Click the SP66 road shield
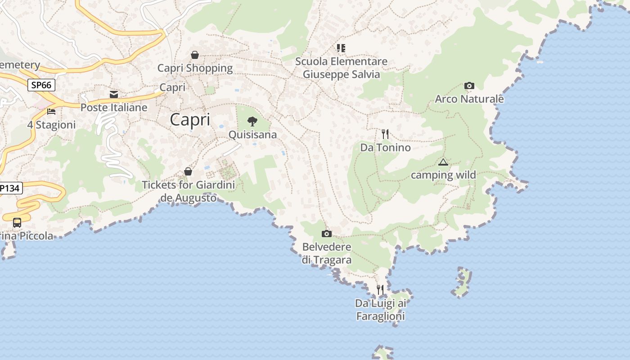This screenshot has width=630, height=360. point(41,85)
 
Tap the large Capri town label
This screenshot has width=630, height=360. point(190,120)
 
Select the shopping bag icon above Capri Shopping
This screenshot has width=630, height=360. point(195,55)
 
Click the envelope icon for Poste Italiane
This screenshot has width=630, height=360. point(114,94)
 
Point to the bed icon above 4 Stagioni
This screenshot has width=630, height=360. point(51,111)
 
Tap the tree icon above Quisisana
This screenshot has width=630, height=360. point(252,121)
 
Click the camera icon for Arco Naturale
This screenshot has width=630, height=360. point(469,85)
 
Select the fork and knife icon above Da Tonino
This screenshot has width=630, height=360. point(385,134)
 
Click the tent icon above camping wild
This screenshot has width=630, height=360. point(443,162)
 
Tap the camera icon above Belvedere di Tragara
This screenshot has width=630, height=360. point(327,234)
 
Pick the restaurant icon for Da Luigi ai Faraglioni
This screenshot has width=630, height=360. point(380,289)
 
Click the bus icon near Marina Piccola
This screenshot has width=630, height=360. point(17,222)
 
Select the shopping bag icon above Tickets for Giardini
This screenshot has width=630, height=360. point(188,171)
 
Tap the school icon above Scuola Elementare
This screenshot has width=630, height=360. point(341,48)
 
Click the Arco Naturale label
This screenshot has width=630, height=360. point(469,99)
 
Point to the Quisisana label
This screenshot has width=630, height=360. point(252,135)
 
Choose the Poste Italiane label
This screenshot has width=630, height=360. point(114,108)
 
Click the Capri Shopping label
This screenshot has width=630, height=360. point(195,68)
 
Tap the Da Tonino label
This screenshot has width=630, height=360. point(385,148)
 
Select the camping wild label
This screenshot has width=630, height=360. point(443,175)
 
